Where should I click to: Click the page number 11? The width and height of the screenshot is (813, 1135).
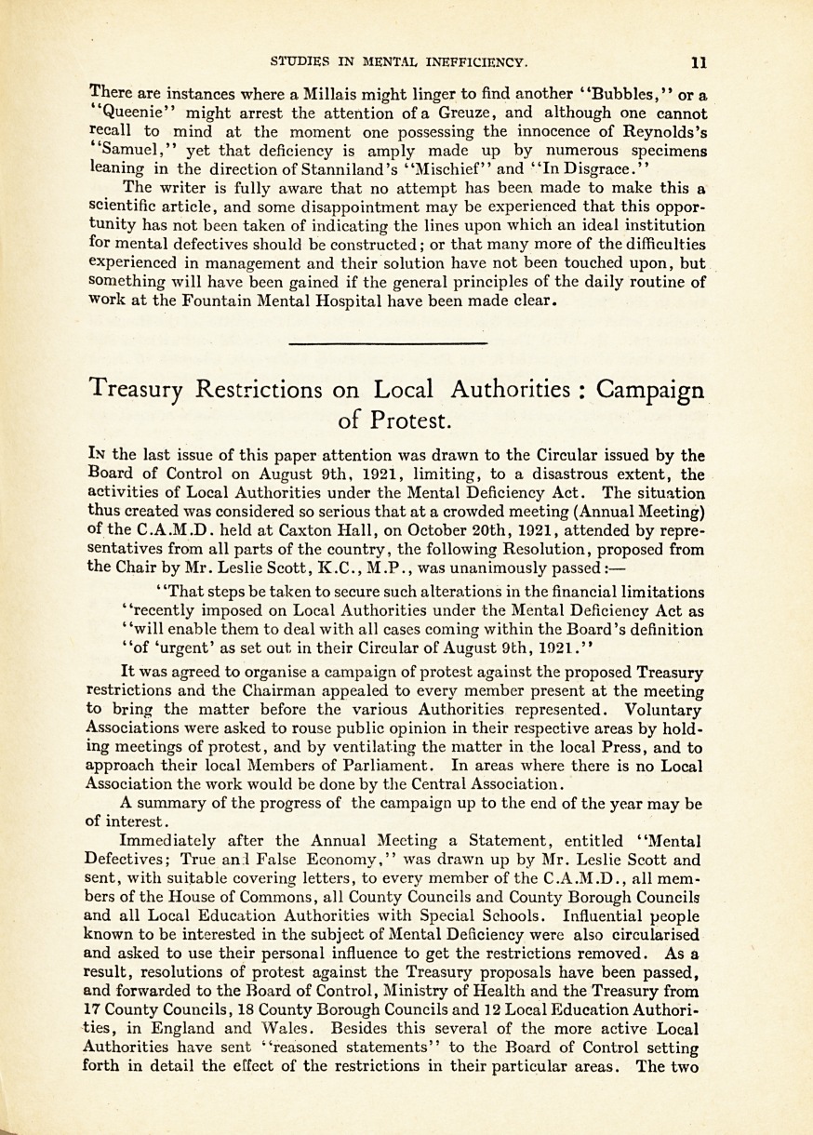point(699,63)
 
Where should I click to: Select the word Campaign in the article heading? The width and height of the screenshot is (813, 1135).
point(649,390)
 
